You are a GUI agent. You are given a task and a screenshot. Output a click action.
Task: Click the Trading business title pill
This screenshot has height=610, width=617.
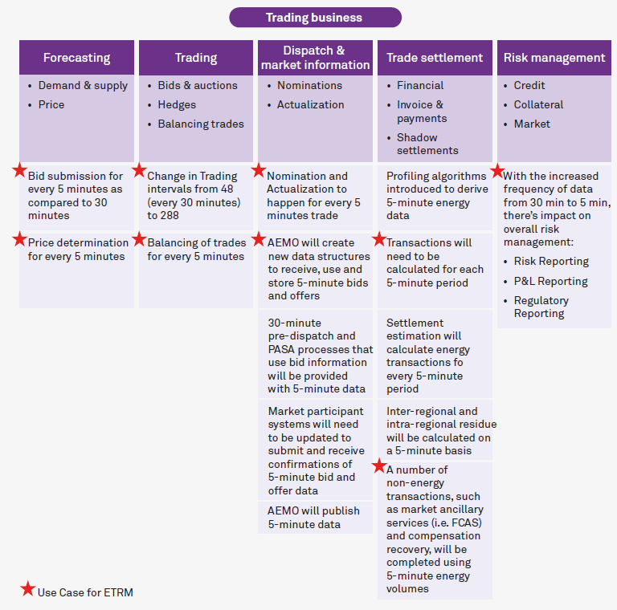[314, 18]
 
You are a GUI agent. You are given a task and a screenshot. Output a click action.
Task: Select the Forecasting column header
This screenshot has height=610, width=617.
[76, 58]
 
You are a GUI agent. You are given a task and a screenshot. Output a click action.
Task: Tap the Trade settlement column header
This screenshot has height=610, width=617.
[435, 58]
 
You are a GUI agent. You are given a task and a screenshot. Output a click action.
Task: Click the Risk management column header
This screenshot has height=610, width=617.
[554, 58]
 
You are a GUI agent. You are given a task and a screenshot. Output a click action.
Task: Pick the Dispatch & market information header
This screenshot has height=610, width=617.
[315, 58]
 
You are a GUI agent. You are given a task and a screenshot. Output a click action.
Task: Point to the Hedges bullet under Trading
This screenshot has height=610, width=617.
[178, 104]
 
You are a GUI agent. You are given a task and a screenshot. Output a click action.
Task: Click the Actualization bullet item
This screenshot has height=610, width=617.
[310, 104]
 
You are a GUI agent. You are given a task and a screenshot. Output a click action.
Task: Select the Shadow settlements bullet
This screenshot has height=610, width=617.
[427, 144]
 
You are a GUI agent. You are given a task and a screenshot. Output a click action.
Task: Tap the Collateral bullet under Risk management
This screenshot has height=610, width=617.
[538, 104]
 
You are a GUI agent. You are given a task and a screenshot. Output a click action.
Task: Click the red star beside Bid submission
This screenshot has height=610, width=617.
[19, 170]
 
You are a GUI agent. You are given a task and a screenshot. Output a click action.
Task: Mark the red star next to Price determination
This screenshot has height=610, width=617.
[19, 238]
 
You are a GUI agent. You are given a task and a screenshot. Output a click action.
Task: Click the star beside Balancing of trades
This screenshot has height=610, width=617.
[139, 238]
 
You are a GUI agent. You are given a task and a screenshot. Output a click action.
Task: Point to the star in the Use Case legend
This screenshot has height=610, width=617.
[28, 589]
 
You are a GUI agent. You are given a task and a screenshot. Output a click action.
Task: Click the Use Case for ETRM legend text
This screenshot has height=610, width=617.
[85, 592]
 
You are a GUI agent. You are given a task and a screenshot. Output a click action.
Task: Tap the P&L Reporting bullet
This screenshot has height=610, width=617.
[550, 281]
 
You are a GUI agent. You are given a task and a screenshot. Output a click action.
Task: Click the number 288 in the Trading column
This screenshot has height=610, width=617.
[157, 216]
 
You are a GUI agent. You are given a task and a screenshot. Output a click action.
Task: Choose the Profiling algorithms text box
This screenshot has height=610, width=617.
[435, 196]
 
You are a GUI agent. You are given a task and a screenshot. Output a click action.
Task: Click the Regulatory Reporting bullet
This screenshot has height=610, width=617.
[541, 307]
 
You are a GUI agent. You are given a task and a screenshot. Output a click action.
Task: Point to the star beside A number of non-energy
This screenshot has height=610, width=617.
[378, 466]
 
